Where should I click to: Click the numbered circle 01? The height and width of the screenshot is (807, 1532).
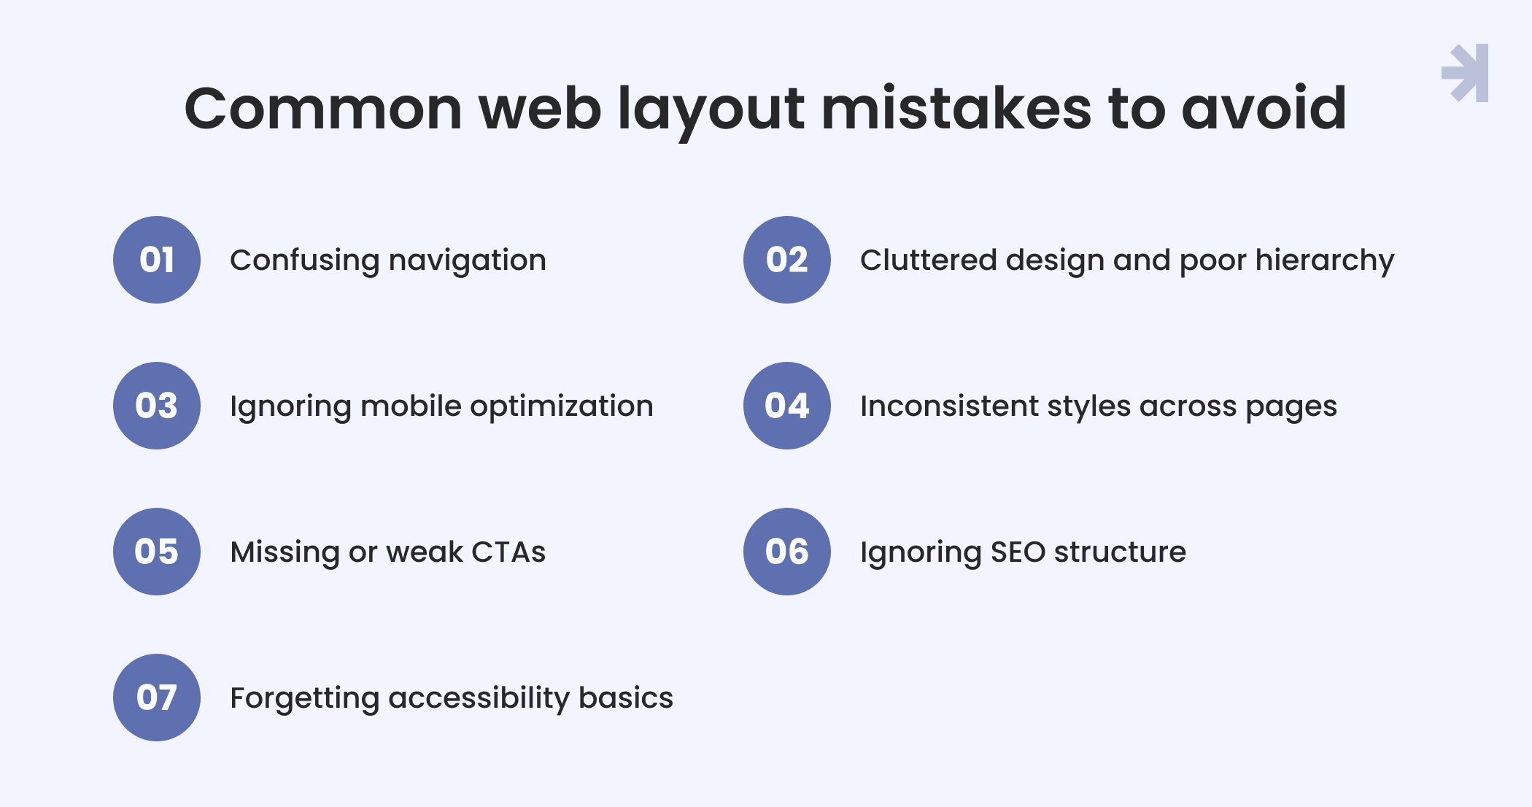click(157, 260)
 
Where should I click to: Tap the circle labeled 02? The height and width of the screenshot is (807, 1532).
click(787, 260)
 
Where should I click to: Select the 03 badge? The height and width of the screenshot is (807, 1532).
click(157, 406)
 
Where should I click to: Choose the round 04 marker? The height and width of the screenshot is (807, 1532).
click(787, 406)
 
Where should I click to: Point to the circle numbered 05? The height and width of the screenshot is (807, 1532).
click(157, 552)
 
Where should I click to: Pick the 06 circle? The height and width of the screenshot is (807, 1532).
click(787, 552)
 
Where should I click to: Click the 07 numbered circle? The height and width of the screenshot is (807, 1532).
click(157, 698)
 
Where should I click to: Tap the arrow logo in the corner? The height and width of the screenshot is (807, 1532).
click(1465, 73)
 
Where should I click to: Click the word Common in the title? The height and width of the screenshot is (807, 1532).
click(323, 109)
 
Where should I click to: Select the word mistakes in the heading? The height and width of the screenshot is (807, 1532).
click(956, 109)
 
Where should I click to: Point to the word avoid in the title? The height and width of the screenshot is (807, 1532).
click(1264, 109)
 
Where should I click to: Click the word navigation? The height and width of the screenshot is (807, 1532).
click(468, 261)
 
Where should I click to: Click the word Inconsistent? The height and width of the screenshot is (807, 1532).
click(949, 406)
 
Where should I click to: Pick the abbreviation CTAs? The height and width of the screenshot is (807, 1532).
click(508, 552)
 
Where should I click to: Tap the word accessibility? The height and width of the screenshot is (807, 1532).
click(479, 699)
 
